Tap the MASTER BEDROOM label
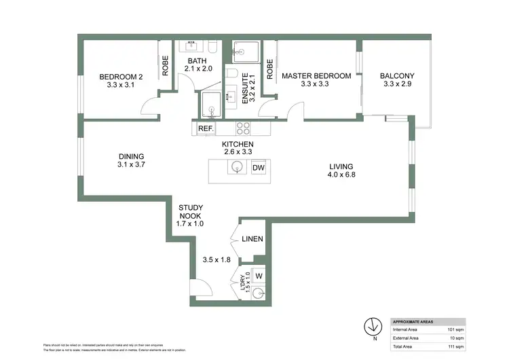pos(316,76)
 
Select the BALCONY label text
pos(397,76)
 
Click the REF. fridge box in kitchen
pos(206,128)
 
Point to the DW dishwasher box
pos(259,168)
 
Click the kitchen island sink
pos(238,168)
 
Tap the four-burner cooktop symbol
pos(244,128)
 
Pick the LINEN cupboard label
pos(252,239)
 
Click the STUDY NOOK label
pos(189,211)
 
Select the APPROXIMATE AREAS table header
pos(417,321)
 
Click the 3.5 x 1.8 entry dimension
pos(217,259)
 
